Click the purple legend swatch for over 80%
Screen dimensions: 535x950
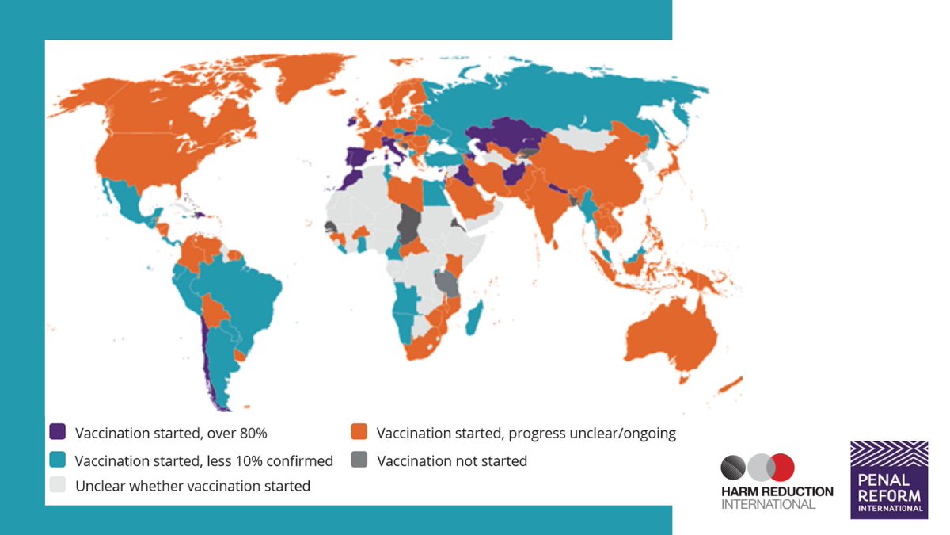57,433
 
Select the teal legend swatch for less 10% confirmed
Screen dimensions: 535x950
57,460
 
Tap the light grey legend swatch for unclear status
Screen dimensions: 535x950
57,486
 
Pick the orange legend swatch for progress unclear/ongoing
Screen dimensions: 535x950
359,433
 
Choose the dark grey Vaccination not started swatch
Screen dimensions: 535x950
359,460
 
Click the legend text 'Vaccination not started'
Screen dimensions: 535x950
451,460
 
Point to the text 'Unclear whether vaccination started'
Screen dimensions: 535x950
192,486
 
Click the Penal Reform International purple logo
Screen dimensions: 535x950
889,480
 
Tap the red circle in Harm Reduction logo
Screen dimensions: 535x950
781,468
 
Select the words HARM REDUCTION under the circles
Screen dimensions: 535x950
777,491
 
